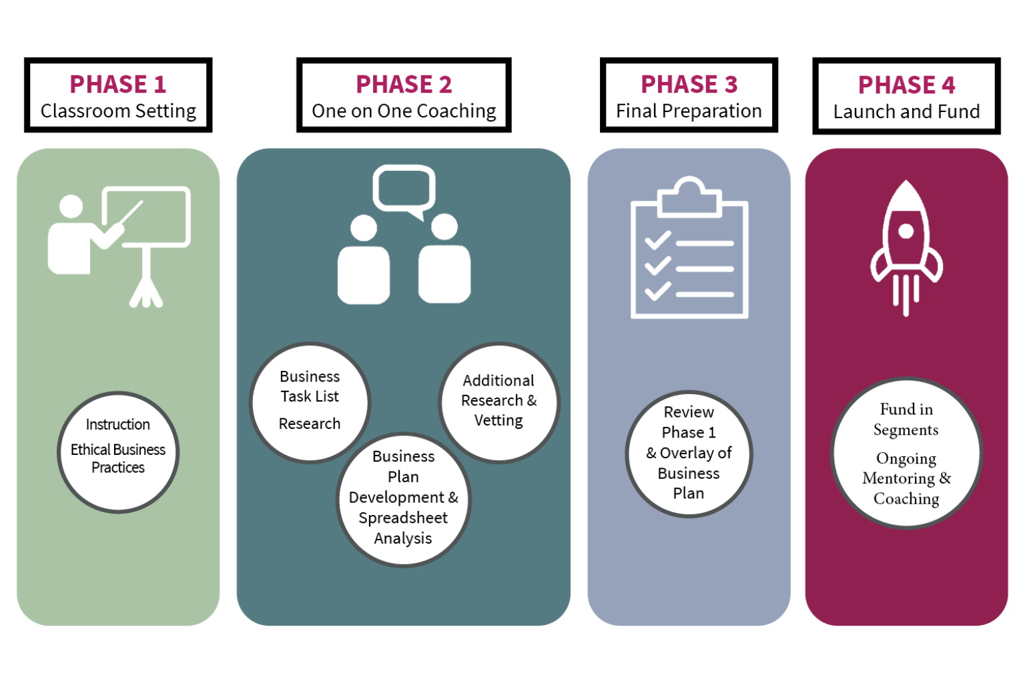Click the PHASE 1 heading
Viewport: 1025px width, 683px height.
click(117, 85)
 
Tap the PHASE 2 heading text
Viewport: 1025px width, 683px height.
click(404, 85)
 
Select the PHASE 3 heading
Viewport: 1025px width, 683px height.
click(689, 85)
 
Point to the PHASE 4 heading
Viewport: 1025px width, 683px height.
click(906, 85)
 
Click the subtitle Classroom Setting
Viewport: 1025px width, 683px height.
click(118, 111)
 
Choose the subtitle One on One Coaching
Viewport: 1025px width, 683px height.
click(404, 111)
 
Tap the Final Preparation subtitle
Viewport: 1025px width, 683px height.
click(689, 111)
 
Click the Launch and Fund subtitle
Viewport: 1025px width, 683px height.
click(906, 111)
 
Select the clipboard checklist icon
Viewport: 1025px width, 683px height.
click(689, 250)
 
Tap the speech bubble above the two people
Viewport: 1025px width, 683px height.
click(404, 190)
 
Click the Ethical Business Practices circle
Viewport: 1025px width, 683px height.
click(118, 452)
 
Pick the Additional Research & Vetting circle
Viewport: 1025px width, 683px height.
click(498, 402)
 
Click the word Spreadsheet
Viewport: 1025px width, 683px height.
click(403, 518)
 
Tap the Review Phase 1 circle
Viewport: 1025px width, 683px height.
click(689, 453)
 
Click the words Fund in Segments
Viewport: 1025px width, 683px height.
click(906, 419)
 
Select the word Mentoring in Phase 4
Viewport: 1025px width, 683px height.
click(898, 478)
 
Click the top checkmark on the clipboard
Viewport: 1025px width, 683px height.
click(658, 240)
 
